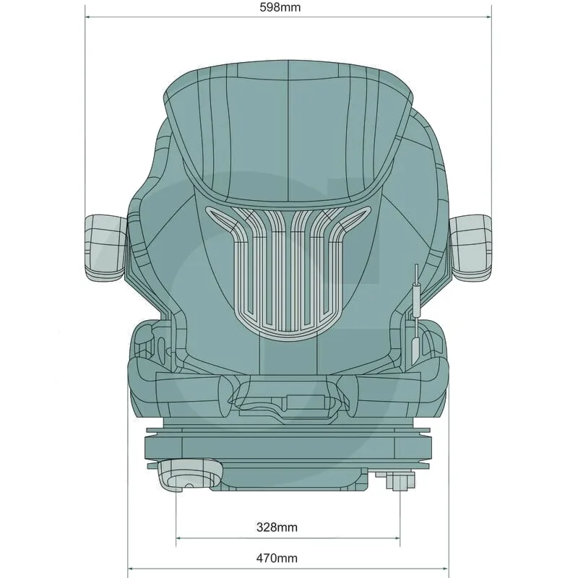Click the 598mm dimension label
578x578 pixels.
click(x=280, y=7)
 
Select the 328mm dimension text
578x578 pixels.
click(x=277, y=527)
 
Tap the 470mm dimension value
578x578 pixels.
click(x=277, y=558)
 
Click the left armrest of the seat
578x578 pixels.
click(x=105, y=248)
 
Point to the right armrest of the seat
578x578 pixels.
click(x=471, y=248)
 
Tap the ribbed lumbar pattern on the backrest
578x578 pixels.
click(x=288, y=272)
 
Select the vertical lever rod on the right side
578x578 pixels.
click(x=417, y=291)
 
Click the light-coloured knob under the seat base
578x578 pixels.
click(x=190, y=475)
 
